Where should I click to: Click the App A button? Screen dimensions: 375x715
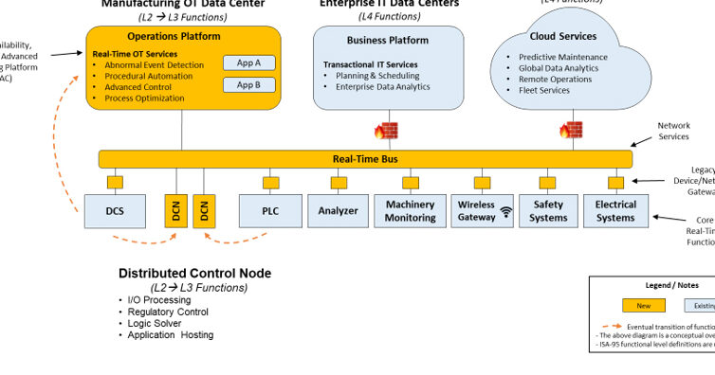pos(248,63)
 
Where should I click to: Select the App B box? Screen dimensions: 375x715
pos(248,85)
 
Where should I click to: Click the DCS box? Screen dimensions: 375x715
pos(114,210)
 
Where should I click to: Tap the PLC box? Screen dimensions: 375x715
pos(269,210)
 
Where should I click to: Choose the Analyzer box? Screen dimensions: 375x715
pos(338,210)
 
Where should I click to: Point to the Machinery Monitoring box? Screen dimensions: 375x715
pos(410,210)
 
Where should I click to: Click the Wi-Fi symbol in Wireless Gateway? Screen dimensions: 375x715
pos(506,212)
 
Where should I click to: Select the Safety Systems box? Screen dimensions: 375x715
pos(548,210)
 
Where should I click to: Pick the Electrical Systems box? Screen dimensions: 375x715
pos(615,210)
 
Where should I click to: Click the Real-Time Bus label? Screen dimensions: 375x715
pos(365,159)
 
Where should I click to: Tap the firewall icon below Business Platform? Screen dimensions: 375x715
pos(387,131)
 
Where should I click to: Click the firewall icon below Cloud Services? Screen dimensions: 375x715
pos(569,131)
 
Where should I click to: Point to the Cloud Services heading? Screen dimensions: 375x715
pos(564,36)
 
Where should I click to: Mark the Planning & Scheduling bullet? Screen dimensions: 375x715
pos(378,76)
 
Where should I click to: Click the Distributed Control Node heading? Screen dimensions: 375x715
pos(194,274)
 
